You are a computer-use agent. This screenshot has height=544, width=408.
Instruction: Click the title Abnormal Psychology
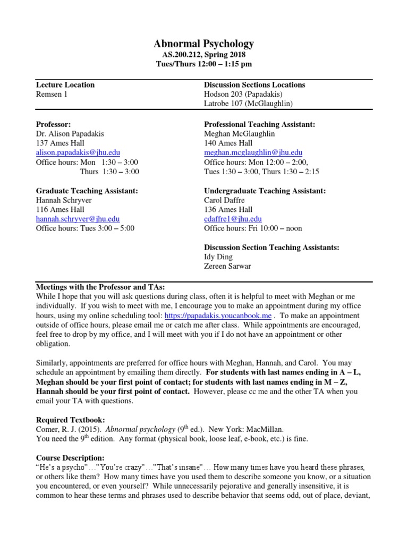(x=204, y=44)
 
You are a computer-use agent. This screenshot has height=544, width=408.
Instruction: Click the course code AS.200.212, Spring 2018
(x=204, y=54)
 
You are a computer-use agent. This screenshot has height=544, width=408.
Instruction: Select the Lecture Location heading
(x=65, y=84)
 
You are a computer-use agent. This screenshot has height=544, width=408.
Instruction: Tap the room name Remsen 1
(x=52, y=94)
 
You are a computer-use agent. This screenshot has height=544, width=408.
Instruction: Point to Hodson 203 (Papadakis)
(x=245, y=94)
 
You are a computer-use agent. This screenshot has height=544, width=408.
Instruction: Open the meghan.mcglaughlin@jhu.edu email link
(x=253, y=152)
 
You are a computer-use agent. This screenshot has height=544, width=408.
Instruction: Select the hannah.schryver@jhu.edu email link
(x=78, y=219)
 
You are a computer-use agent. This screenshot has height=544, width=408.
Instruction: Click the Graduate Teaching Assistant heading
(x=87, y=191)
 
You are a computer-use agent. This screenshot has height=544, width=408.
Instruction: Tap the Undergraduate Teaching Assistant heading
(x=265, y=191)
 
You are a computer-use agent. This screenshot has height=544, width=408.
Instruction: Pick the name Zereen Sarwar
(x=227, y=267)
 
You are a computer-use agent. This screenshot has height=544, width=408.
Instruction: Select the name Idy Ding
(x=219, y=257)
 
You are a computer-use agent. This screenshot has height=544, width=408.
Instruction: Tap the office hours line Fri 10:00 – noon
(x=253, y=228)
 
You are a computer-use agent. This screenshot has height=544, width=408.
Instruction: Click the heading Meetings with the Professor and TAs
(x=100, y=286)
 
